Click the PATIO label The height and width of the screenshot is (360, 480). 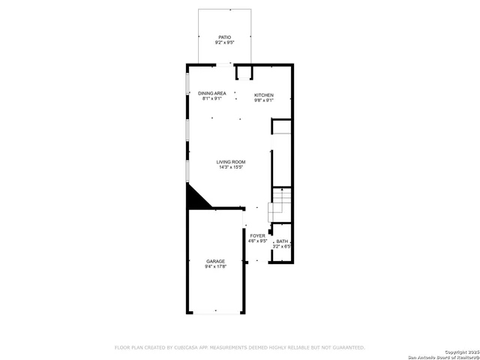[224, 37]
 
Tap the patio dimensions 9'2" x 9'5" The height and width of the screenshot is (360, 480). [224, 42]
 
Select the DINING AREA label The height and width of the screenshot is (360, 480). [212, 93]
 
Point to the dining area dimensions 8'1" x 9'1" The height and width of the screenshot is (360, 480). [212, 98]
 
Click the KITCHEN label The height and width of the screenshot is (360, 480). [263, 94]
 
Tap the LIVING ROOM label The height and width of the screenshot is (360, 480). [231, 162]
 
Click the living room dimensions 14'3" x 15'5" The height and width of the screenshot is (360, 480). [231, 167]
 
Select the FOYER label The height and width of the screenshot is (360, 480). [258, 235]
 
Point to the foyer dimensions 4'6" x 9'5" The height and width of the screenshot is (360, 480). [258, 241]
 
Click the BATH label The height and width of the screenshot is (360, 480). [281, 241]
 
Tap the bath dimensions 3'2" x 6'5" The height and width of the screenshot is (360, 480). [281, 246]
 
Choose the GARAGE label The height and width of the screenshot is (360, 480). [215, 261]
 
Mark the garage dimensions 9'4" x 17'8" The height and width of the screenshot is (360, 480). [215, 266]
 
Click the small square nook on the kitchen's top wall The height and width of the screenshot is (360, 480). [244, 72]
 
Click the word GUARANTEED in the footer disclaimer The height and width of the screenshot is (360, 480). [346, 348]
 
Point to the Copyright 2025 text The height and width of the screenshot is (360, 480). [458, 352]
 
